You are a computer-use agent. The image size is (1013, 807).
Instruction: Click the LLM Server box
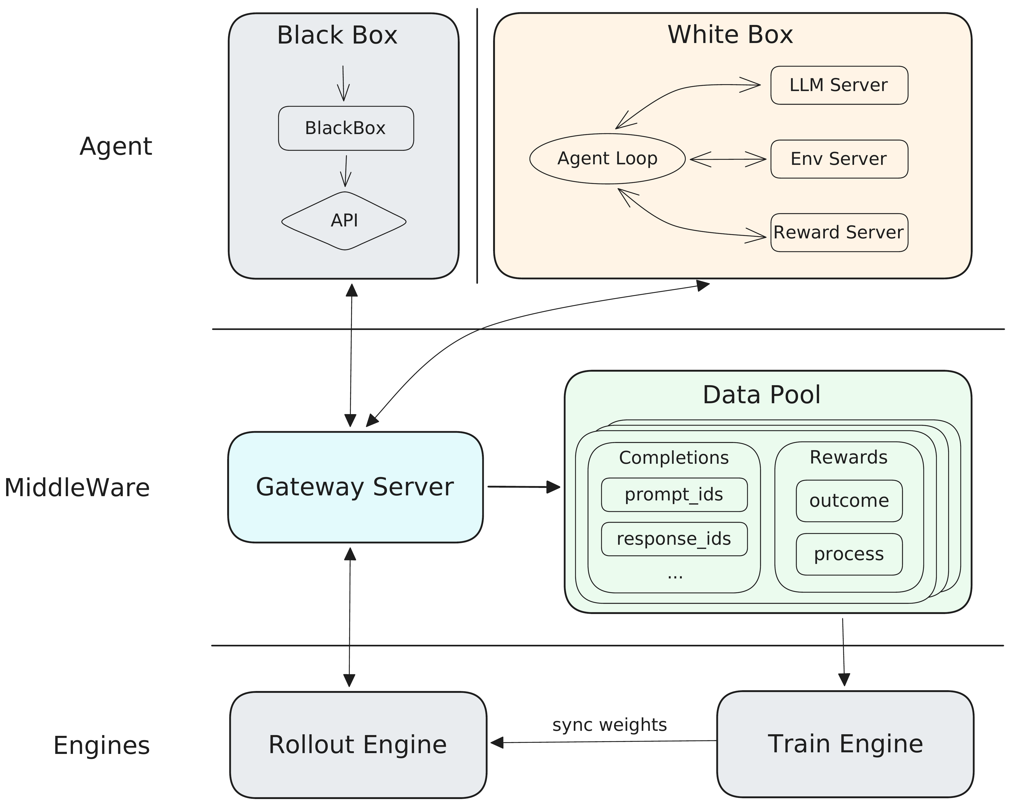click(839, 85)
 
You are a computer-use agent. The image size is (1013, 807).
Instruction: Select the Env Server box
click(839, 159)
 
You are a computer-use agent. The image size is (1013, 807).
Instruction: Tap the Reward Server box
click(839, 233)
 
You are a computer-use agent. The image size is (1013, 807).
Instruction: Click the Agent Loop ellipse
click(607, 158)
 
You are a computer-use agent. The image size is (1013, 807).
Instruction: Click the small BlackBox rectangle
click(346, 128)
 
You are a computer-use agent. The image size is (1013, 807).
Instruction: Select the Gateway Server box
click(355, 487)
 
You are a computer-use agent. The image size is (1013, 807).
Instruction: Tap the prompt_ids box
click(674, 495)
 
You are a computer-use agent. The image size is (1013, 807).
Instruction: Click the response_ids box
click(674, 539)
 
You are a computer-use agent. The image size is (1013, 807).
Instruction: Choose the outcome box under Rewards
click(849, 501)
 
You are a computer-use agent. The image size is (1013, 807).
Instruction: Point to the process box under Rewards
click(849, 554)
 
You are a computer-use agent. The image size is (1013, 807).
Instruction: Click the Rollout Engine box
click(358, 745)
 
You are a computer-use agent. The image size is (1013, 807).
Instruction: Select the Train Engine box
click(845, 744)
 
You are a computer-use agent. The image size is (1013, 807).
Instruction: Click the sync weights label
click(609, 725)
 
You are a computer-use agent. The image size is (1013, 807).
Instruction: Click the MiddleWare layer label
click(77, 487)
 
